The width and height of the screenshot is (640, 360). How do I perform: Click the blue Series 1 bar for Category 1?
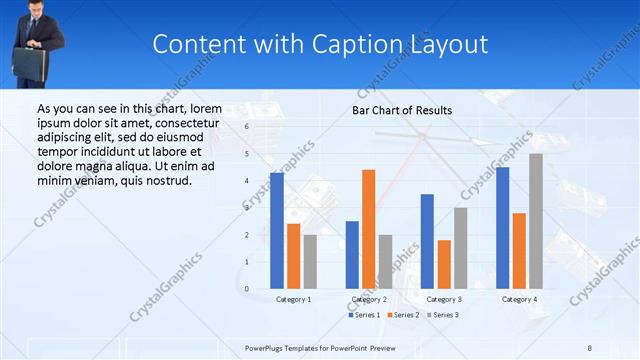click(277, 230)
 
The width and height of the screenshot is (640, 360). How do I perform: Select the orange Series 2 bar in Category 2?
click(369, 229)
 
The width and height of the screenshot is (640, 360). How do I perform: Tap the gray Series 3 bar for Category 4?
click(536, 220)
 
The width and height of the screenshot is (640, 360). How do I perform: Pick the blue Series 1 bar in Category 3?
click(427, 241)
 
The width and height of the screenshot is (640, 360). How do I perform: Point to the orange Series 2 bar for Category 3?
click(444, 264)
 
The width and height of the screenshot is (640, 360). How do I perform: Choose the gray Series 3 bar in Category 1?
click(310, 261)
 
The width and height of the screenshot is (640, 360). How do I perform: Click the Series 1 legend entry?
click(365, 315)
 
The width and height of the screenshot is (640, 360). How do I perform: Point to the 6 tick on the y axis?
click(246, 127)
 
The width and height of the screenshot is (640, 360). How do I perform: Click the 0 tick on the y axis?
click(246, 288)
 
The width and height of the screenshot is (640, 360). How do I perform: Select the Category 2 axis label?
click(369, 299)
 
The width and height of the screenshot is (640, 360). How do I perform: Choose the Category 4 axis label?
click(519, 299)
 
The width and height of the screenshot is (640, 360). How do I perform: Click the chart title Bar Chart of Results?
click(402, 110)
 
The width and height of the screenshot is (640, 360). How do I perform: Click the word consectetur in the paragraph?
click(182, 122)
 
